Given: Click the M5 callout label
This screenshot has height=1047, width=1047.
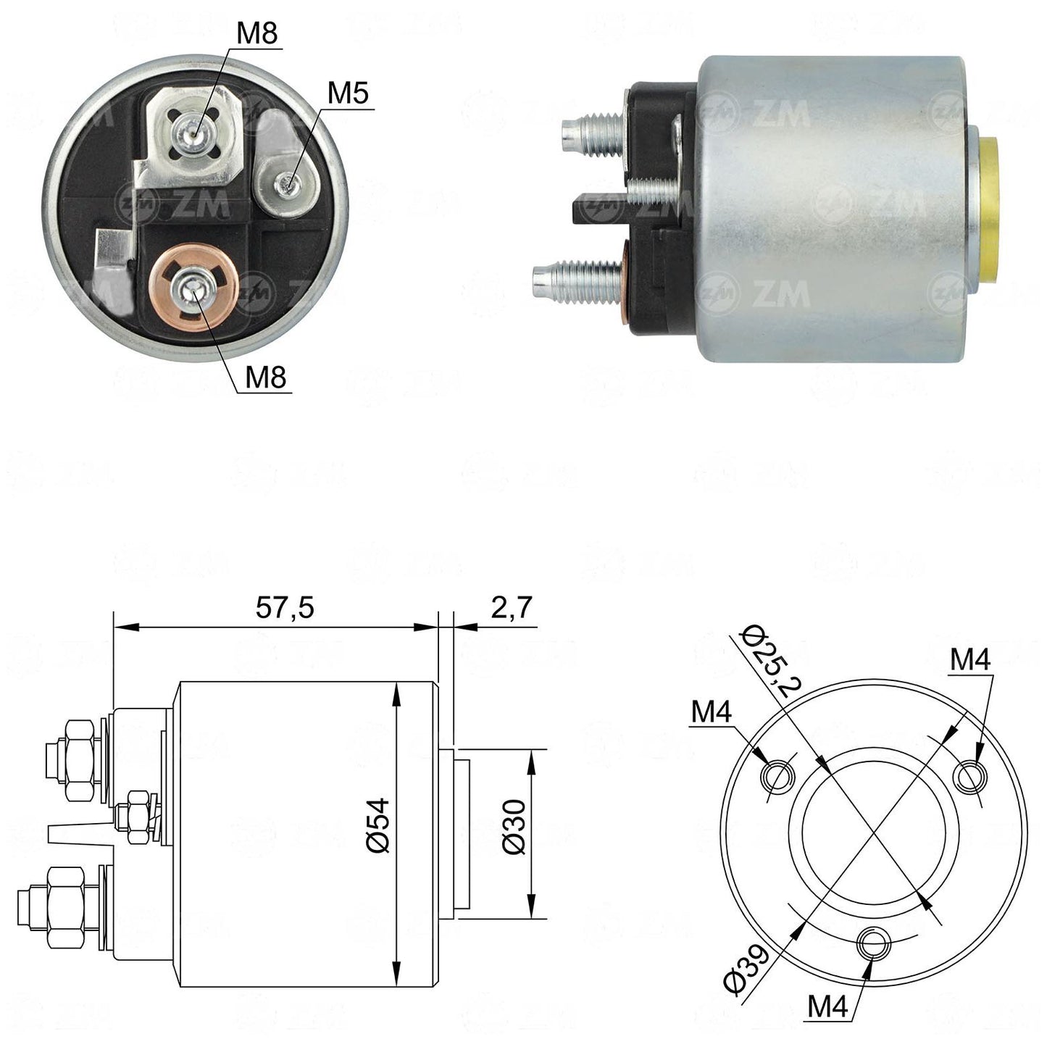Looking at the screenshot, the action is click(348, 93).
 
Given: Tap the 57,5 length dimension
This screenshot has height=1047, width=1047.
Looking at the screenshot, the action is click(285, 607).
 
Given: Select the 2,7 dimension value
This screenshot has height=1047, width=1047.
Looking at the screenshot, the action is click(511, 607).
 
